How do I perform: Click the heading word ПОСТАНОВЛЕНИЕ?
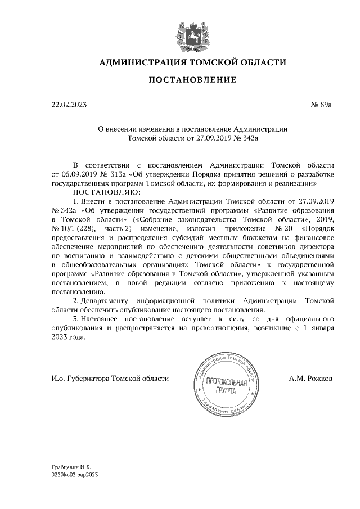(192, 80)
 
